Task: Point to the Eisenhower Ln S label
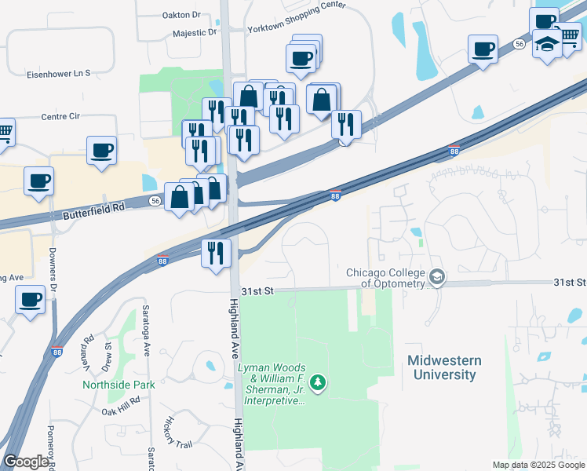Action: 60,73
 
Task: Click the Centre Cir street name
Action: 61,116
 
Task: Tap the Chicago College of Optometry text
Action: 386,278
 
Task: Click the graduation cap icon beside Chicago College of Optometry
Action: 436,278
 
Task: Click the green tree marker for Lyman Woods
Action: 318,383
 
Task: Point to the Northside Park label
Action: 119,385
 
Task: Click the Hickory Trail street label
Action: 175,433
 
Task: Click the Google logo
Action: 26,462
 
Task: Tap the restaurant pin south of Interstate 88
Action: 215,253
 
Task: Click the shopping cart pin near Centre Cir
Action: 5,132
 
